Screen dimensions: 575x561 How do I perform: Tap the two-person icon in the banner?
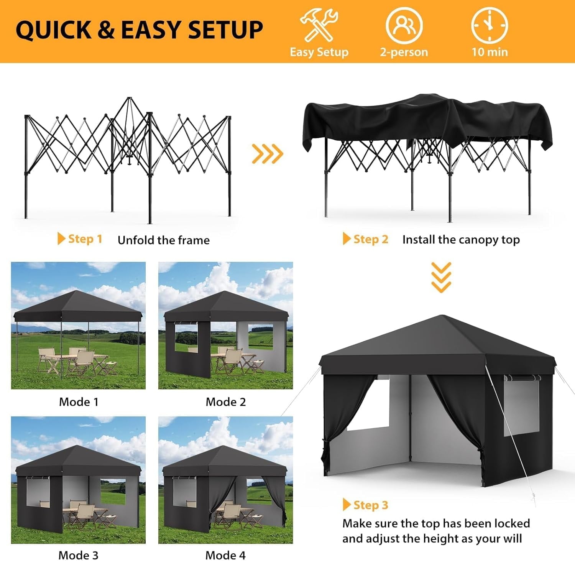click(404, 25)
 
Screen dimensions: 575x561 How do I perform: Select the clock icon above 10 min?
click(490, 25)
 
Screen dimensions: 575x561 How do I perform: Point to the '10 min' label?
click(490, 52)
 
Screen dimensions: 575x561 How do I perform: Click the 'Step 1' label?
click(85, 239)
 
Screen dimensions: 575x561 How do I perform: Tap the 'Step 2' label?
click(371, 239)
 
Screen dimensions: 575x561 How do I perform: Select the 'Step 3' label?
click(371, 505)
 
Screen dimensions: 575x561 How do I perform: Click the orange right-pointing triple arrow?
click(267, 154)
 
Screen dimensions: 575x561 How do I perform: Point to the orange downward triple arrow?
click(441, 277)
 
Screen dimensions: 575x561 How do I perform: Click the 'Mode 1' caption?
click(79, 402)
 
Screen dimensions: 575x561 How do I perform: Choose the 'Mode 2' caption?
click(226, 402)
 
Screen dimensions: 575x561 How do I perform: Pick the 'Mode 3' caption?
click(78, 555)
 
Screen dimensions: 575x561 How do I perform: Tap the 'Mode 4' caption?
click(225, 555)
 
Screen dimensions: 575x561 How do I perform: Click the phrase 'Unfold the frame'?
click(164, 240)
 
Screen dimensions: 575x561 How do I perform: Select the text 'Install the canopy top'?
click(461, 240)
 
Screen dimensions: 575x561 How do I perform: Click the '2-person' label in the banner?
click(404, 52)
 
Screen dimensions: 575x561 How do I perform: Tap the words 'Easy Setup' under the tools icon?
click(319, 52)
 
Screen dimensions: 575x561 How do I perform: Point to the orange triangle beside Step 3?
click(347, 505)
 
